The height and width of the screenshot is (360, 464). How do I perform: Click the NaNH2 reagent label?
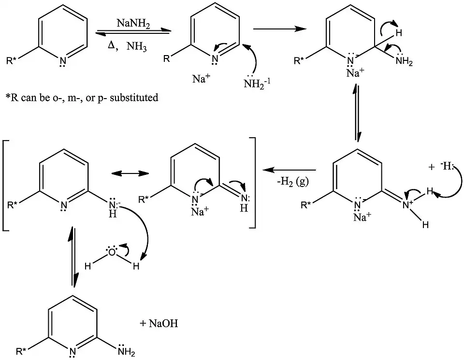133,23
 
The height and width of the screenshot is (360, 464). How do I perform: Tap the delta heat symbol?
111,45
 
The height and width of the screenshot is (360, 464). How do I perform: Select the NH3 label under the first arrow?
136,46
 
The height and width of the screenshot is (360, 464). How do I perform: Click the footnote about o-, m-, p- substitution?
82,97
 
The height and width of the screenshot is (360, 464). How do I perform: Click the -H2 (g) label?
293,181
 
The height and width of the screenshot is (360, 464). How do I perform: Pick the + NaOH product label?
159,323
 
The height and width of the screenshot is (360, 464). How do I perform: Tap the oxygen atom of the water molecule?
112,252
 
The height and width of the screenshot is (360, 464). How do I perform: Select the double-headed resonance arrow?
130,173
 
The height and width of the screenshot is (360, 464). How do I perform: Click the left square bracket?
5,186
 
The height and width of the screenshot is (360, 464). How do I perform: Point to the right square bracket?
252,183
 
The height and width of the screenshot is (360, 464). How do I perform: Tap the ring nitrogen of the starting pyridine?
62,61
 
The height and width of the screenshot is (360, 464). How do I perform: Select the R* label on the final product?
21,351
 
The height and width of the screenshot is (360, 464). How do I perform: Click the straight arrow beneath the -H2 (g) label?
289,170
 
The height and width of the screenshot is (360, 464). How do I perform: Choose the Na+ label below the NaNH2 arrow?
201,78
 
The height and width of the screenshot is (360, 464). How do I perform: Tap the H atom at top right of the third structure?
399,32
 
